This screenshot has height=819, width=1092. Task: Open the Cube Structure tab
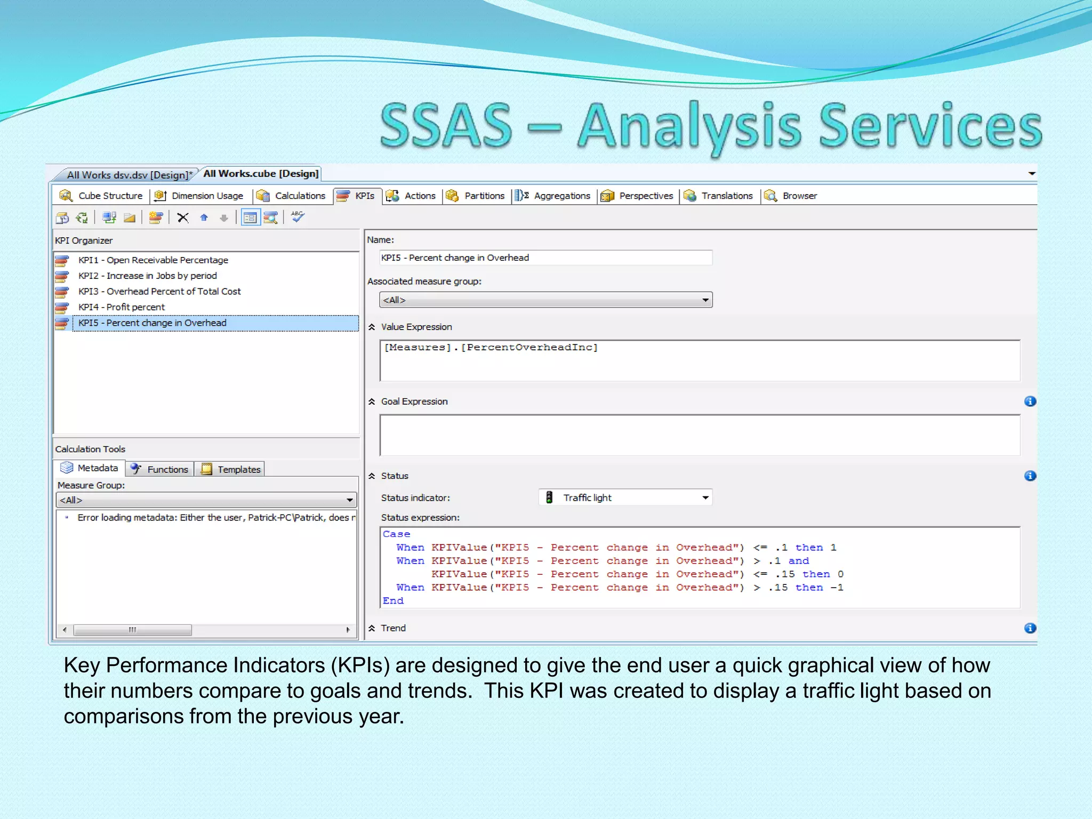point(102,196)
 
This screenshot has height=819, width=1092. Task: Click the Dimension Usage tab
point(199,196)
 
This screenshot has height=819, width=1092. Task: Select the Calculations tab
point(292,196)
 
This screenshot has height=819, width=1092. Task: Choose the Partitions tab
point(476,196)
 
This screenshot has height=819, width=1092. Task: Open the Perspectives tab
point(638,196)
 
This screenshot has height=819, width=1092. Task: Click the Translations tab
point(719,196)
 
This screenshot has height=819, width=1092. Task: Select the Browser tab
point(791,196)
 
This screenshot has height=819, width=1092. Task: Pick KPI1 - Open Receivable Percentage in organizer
point(153,260)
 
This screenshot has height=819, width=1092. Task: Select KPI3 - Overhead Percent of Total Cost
point(159,292)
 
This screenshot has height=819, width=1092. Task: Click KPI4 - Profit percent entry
point(122,307)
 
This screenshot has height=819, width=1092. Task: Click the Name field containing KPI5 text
point(545,258)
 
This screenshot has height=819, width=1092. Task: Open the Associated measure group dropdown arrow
point(705,300)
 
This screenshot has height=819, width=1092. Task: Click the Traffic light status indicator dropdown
point(625,498)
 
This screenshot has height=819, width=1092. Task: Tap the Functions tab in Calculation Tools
point(160,469)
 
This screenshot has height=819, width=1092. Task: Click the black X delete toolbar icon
point(183,218)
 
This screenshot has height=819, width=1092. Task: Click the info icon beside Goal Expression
point(1030,402)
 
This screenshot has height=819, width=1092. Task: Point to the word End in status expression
point(393,601)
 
